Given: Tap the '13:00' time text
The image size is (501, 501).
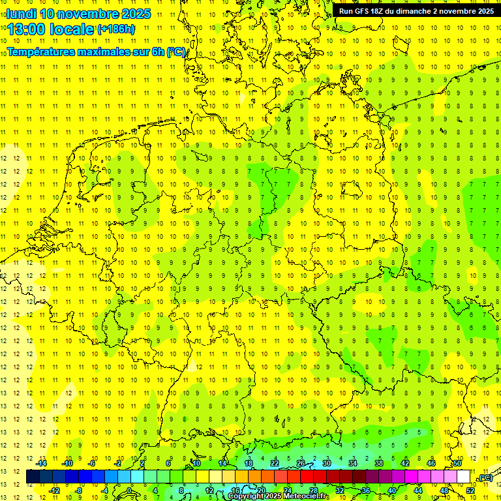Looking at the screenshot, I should point(31,29).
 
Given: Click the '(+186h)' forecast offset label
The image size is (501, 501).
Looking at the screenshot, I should point(116,29).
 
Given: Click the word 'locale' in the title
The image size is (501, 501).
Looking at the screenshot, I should point(74,29).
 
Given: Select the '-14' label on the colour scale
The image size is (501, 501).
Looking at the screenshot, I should point(41,463).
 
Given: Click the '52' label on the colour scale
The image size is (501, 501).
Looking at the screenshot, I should point(470,489).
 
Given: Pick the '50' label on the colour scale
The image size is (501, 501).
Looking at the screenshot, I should point(457,463).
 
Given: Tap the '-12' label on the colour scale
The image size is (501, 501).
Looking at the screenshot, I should point(54,490).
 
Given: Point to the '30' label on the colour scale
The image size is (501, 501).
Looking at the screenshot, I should point(327,463).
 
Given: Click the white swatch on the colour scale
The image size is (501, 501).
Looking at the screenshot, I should point(464,476).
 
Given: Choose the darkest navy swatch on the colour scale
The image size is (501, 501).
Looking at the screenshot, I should point(33,476).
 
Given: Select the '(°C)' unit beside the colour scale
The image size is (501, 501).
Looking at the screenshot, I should point(485,477).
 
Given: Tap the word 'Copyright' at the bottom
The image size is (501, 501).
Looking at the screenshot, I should point(248,496).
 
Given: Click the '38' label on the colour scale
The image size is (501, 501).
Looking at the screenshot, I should point(379,463).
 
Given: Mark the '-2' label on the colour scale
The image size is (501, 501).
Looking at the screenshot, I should point(119,463).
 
